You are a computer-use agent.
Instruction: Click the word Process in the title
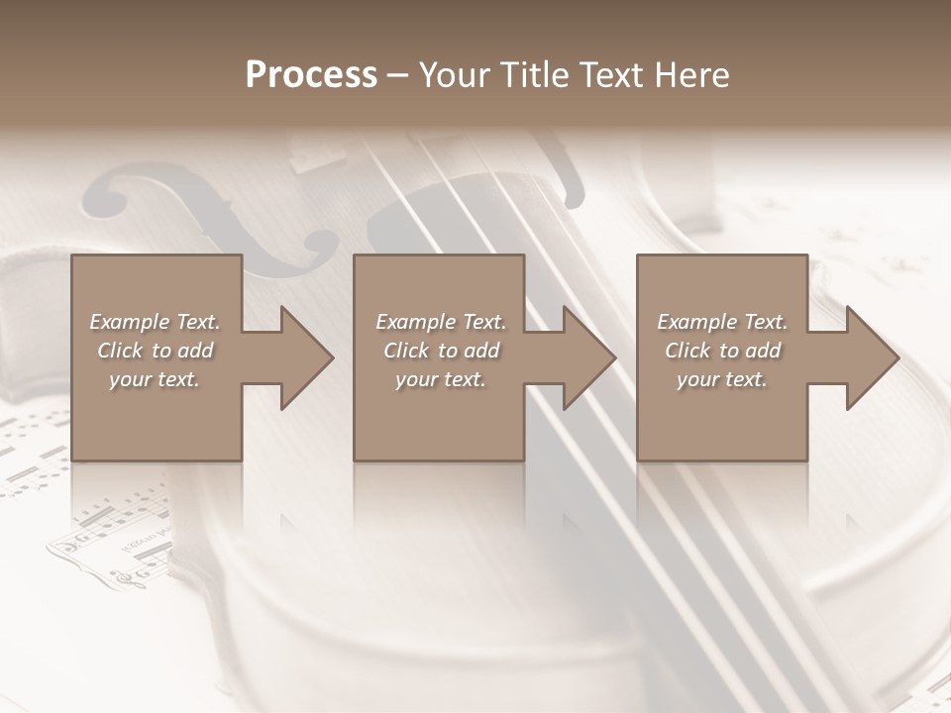[x=311, y=75]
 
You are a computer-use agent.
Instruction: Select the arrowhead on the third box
[x=870, y=357]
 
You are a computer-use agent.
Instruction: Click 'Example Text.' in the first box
[x=155, y=322]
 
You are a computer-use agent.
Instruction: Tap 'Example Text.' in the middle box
[x=441, y=322]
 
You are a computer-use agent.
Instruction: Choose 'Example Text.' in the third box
[x=722, y=322]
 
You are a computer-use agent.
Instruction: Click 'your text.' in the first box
[x=155, y=379]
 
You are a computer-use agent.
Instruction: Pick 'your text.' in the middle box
[x=441, y=379]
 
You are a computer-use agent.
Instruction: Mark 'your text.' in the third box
[x=722, y=379]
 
